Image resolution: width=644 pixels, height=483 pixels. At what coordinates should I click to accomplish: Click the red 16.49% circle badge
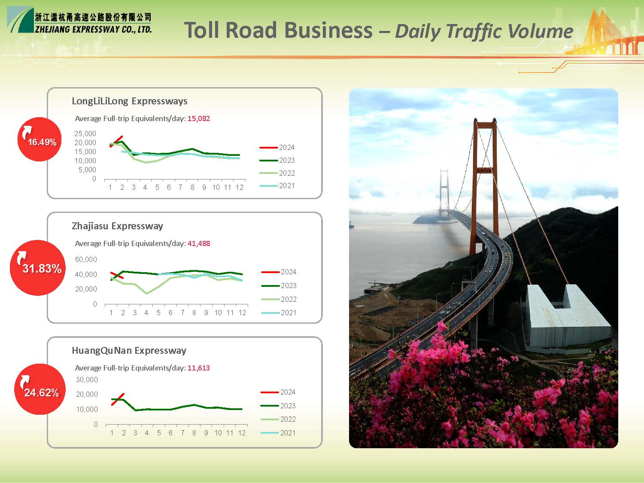(39, 139)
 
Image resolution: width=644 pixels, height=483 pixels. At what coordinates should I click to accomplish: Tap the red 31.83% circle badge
(37, 268)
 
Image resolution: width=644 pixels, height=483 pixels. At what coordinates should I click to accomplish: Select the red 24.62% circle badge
(40, 389)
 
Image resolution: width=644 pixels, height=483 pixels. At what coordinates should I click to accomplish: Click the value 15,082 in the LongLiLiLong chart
(199, 118)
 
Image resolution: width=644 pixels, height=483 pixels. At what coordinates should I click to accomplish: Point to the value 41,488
(199, 243)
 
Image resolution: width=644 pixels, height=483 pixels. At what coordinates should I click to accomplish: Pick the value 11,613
(199, 368)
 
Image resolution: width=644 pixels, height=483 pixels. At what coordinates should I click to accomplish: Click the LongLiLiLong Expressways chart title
(129, 101)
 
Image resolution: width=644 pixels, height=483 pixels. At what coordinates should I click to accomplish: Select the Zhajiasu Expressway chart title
(117, 226)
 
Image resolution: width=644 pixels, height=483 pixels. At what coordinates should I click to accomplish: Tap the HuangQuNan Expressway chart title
(129, 351)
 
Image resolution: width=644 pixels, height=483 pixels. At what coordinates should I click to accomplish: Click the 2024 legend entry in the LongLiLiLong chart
(277, 147)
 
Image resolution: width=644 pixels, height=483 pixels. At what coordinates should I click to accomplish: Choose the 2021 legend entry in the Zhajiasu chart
(279, 313)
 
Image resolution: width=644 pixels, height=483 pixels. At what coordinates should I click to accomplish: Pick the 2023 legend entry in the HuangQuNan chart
(278, 406)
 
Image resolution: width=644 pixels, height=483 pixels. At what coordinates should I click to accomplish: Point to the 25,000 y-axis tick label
(85, 134)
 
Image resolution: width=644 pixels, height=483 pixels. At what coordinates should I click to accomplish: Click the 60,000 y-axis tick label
(86, 260)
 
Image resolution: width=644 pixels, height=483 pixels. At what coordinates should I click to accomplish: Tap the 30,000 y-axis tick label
(87, 380)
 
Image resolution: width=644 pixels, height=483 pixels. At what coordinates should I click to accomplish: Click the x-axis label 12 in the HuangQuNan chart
(241, 433)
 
